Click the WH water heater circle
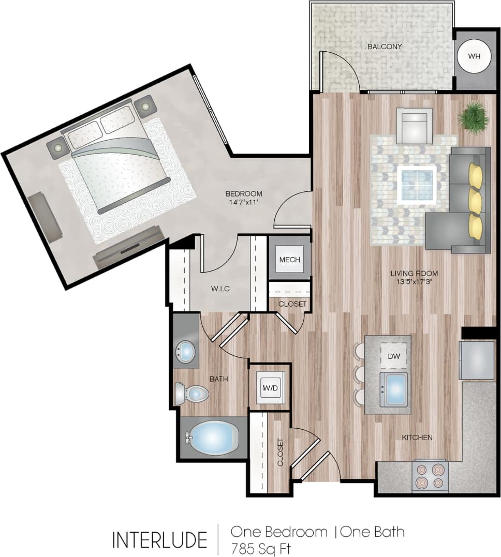pos(474,55)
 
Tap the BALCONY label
pos(385,47)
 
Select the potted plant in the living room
pos(473,117)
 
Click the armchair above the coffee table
pos(414,126)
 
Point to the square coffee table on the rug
pos(417,185)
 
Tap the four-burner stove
pos(430,476)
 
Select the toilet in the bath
pos(191,394)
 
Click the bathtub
pos(213,438)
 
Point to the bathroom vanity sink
pos(185,352)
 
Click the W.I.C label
pos(220,289)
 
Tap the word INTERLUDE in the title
pos(159,539)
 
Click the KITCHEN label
pos(417,438)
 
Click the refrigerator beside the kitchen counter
pos(477,360)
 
